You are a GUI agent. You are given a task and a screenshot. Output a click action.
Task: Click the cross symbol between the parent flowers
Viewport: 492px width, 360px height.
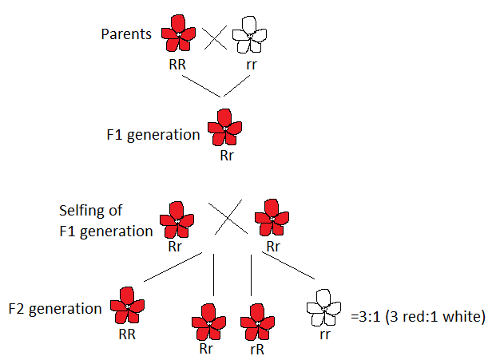coord(214,37)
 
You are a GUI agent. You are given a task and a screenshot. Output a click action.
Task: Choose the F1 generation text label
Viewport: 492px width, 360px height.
coord(153,135)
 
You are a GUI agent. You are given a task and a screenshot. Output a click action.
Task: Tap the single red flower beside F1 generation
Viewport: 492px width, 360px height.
coord(224,128)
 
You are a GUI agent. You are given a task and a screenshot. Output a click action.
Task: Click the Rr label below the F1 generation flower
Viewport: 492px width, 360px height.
coord(227,155)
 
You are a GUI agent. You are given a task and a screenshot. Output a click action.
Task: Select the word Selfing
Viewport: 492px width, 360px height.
coord(81,212)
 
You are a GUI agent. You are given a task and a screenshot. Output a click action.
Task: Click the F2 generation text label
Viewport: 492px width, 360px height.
coord(55,308)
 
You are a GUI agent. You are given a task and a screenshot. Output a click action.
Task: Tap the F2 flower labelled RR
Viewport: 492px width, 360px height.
coord(126,305)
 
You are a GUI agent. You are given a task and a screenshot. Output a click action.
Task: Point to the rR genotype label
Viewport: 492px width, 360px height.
coord(257,348)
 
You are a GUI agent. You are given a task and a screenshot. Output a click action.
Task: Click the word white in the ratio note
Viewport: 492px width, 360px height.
coord(462,316)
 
